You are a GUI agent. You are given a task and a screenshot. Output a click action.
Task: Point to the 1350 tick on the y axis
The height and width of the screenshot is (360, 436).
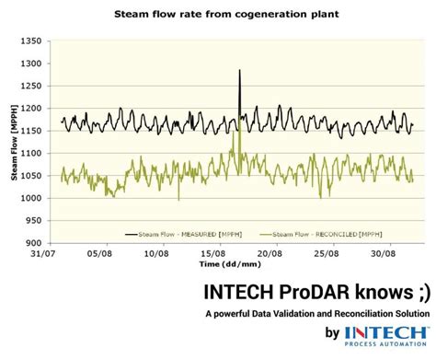31,41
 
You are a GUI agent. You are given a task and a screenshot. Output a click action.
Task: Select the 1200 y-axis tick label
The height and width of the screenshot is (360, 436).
31,109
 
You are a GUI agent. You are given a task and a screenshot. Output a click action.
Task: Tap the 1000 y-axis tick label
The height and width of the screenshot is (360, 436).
31,198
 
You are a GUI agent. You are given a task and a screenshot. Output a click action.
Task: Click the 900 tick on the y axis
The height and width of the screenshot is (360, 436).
34,243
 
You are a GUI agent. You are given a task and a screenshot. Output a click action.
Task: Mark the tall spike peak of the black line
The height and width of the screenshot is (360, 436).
239,70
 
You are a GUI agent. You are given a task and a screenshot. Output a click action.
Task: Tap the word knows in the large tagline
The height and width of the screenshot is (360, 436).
374,292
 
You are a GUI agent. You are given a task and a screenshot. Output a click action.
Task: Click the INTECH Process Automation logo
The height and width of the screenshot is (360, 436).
386,337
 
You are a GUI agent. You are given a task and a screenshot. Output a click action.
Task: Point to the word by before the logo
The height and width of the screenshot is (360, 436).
331,335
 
